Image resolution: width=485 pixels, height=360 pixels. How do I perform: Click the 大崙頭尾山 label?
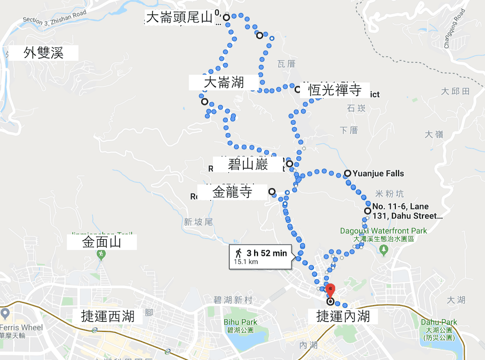click(179, 18)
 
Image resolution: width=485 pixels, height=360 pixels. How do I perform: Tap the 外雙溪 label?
click(44, 53)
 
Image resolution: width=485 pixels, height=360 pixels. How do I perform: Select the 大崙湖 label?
click(224, 82)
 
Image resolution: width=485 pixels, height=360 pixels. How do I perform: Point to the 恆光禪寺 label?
click(335, 90)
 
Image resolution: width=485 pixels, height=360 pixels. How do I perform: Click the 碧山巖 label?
click(248, 165)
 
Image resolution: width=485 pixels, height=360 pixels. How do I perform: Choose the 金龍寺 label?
click(233, 192)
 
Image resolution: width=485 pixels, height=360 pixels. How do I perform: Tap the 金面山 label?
click(102, 242)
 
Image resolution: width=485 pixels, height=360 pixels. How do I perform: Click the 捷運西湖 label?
click(108, 317)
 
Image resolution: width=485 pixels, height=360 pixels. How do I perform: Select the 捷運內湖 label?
click(343, 317)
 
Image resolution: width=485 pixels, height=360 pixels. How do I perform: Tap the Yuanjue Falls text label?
click(378, 173)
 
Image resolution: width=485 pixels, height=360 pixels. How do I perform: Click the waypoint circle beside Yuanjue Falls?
click(348, 173)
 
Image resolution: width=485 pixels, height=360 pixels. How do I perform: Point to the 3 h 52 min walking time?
click(266, 253)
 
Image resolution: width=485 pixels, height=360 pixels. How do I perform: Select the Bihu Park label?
click(241, 322)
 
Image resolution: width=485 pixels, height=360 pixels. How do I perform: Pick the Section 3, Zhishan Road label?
click(54, 18)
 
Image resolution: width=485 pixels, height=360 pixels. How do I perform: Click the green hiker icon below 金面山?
click(101, 254)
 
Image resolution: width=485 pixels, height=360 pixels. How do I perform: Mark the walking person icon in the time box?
click(239, 253)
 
